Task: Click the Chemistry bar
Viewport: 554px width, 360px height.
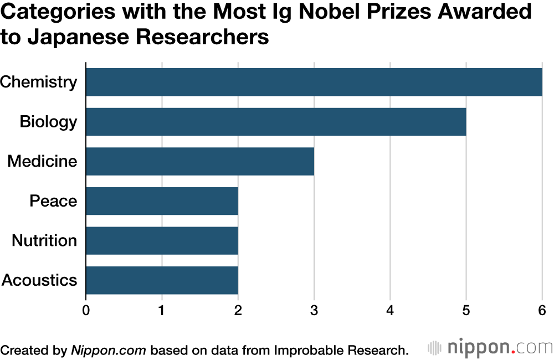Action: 314,82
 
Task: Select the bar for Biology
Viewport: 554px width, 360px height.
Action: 276,122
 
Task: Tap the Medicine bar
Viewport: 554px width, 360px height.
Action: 200,161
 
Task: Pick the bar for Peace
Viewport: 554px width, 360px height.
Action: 162,201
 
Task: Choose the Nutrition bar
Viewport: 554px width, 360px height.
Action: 162,240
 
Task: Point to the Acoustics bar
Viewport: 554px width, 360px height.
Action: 162,280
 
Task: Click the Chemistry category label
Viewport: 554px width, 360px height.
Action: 39,83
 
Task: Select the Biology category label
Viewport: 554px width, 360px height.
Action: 48,122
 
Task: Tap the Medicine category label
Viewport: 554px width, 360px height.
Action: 42,162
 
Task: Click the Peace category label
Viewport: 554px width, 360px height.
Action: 53,201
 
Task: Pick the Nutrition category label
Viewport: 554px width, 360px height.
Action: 44,241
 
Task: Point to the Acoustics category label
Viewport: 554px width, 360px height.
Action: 40,280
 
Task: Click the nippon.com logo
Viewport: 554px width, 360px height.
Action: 490,348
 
